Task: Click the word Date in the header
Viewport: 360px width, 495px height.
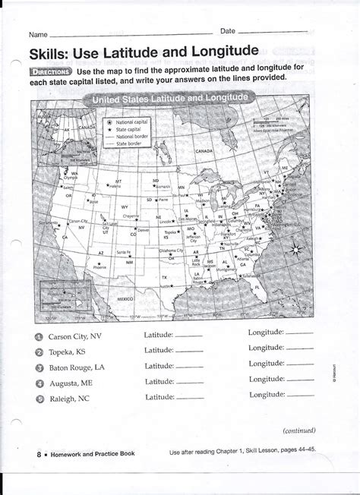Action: (x=227, y=30)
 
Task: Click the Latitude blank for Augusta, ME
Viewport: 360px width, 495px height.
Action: (x=189, y=382)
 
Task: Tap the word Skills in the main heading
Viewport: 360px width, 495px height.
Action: (x=52, y=54)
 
